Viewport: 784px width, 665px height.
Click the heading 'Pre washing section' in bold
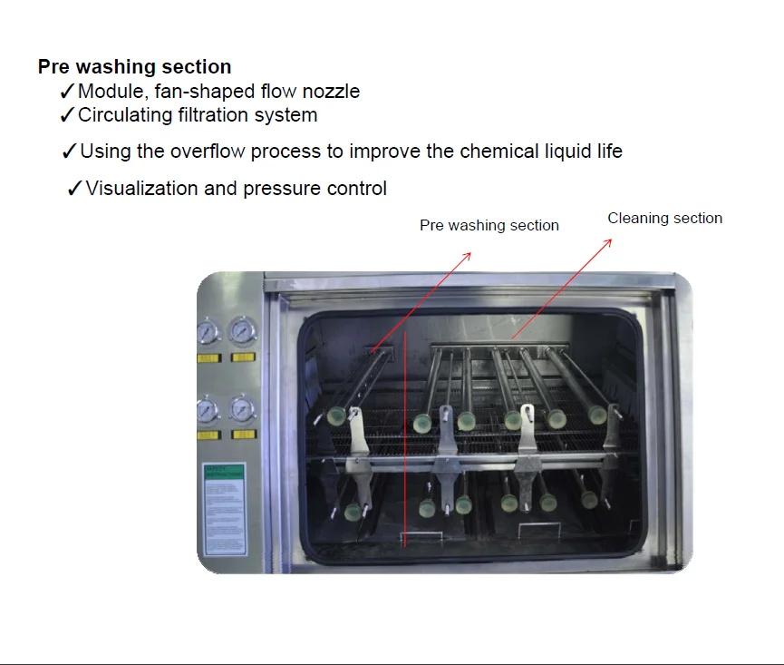(134, 67)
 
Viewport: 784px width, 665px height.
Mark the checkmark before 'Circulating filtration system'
(66, 115)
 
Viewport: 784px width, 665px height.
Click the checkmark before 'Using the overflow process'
(69, 152)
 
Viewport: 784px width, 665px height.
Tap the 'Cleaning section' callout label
(664, 219)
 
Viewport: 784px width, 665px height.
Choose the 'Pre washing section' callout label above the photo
(489, 226)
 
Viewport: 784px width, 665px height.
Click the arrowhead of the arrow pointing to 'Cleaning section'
(609, 242)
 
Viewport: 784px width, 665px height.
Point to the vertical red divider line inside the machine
(404, 435)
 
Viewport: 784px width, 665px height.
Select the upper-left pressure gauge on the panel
(208, 332)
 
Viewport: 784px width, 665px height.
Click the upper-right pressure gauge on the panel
(242, 332)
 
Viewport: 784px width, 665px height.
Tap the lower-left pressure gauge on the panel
(208, 411)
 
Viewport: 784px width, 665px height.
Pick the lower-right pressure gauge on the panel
(242, 410)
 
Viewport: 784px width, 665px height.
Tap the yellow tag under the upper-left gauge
(208, 358)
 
